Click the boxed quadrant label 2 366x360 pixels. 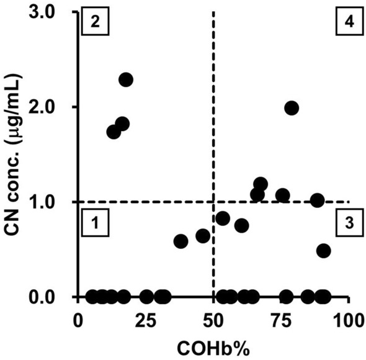(x=96, y=21)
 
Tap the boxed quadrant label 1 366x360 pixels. (x=96, y=222)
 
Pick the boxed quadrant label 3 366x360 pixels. (x=349, y=222)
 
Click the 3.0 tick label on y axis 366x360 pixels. (x=42, y=13)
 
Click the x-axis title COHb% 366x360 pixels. (x=213, y=348)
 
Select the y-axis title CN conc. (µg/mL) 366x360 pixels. (x=14, y=155)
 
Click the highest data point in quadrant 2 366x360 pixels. (x=126, y=79)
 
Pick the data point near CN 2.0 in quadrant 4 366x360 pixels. (x=292, y=108)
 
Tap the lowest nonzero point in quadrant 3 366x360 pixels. (x=324, y=251)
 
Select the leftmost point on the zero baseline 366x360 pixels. (x=92, y=297)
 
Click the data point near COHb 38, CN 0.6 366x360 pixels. (x=181, y=241)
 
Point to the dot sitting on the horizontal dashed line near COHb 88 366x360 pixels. (x=317, y=200)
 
